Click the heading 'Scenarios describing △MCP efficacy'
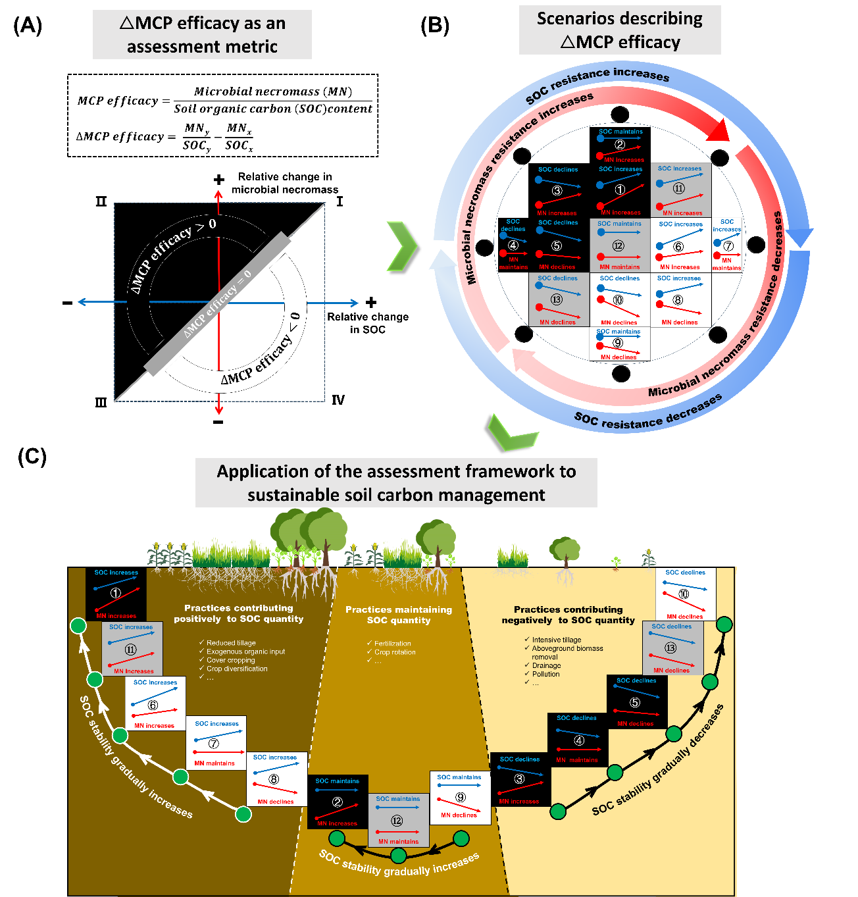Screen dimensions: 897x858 click(619, 30)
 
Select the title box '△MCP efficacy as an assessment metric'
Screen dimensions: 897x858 click(202, 35)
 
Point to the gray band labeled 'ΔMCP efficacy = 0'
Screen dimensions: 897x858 click(218, 303)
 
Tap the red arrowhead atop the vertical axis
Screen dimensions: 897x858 click(218, 195)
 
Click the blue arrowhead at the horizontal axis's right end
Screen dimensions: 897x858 click(354, 303)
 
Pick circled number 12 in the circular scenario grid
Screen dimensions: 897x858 click(618, 246)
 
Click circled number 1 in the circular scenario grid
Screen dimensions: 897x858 click(619, 190)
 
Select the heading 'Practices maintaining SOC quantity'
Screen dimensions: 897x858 click(399, 615)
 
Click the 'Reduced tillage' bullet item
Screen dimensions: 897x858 click(231, 643)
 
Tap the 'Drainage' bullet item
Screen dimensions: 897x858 click(546, 665)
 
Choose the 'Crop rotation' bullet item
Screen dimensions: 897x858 click(395, 652)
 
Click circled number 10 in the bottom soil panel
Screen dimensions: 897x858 click(684, 594)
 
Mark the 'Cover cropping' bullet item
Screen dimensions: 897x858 click(230, 660)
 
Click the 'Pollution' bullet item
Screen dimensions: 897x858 click(545, 674)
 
